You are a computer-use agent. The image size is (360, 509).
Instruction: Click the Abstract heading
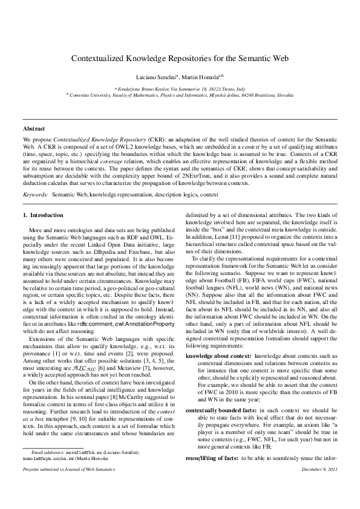pos(33,129)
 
